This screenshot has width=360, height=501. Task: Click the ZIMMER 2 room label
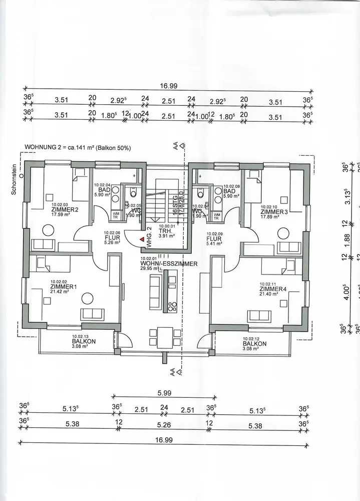pyautogui.click(x=65, y=209)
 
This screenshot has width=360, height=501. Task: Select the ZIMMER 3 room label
pyautogui.click(x=274, y=211)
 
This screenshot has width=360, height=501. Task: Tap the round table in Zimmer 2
pyautogui.click(x=48, y=230)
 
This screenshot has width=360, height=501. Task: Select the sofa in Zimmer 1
pyautogui.click(x=93, y=314)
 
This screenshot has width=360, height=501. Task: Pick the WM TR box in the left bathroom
pyautogui.click(x=115, y=216)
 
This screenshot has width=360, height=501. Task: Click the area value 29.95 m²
pyautogui.click(x=149, y=268)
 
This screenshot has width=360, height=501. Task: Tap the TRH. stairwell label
pyautogui.click(x=164, y=231)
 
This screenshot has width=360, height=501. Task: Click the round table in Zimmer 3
pyautogui.click(x=283, y=232)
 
